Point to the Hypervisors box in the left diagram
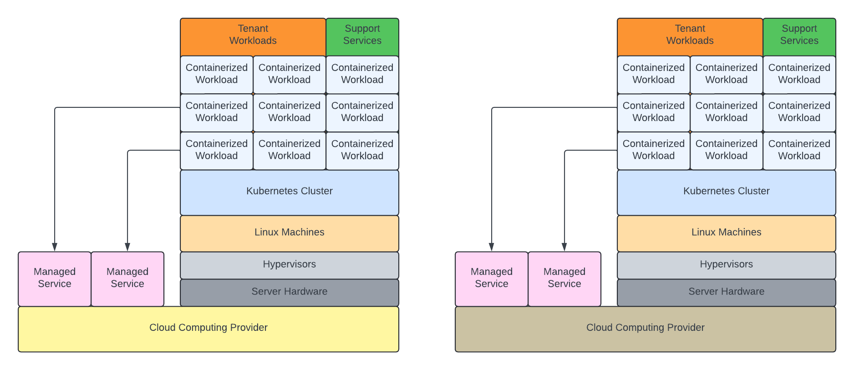289,265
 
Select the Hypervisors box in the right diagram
726,265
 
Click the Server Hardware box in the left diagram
289,292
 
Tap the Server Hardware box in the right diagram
726,292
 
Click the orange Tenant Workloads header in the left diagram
253,36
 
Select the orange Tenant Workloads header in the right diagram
690,36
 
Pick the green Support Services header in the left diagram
362,36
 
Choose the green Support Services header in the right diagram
799,36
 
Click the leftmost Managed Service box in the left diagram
55,279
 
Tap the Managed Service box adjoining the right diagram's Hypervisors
564,279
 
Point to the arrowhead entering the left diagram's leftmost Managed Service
55,247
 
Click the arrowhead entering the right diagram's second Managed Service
564,247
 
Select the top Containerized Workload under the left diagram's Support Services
362,75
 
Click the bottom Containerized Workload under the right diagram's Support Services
799,151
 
